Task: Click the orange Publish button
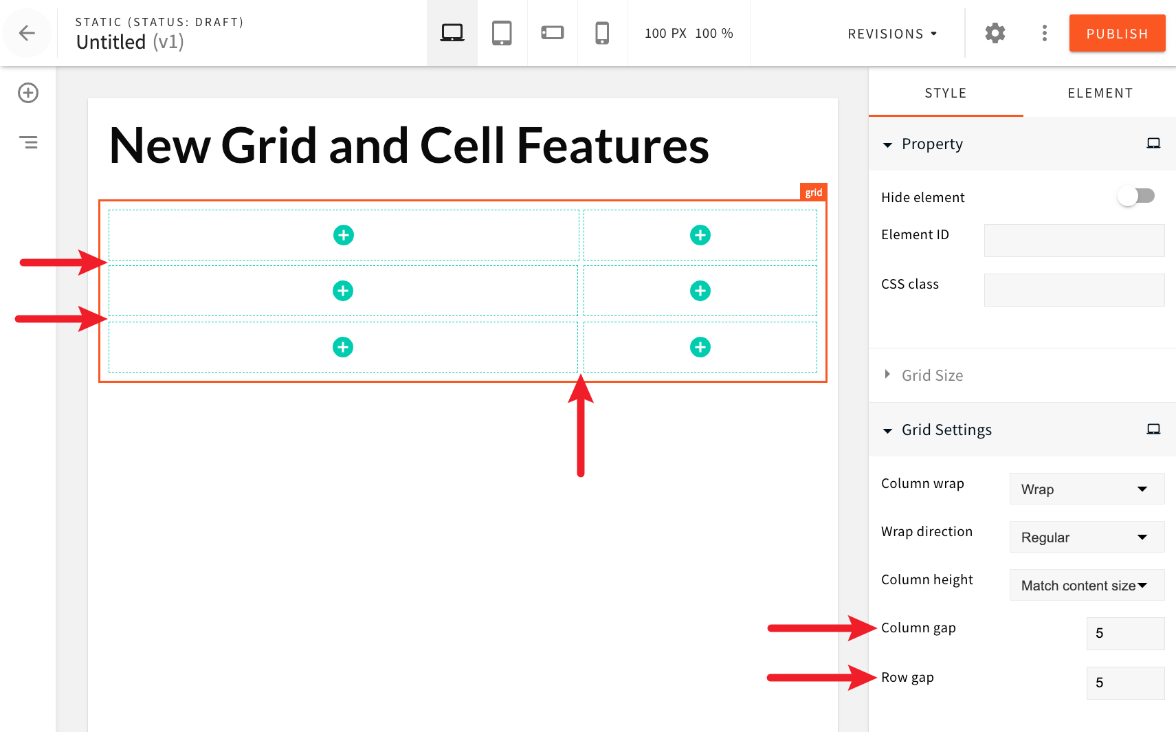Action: click(x=1117, y=33)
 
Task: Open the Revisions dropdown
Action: click(x=891, y=34)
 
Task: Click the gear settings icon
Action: click(x=995, y=33)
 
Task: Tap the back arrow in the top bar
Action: click(x=27, y=33)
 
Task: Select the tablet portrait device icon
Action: click(x=502, y=33)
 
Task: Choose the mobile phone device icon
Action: click(x=602, y=33)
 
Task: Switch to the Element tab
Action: click(x=1100, y=93)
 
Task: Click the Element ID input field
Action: click(x=1074, y=241)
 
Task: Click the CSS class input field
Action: click(x=1074, y=290)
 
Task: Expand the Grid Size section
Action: click(x=932, y=375)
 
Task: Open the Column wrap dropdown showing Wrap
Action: click(x=1086, y=489)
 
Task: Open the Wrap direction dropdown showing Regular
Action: click(x=1086, y=537)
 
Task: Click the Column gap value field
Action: click(x=1124, y=633)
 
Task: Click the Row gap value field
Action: click(x=1124, y=683)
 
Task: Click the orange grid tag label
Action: click(x=814, y=192)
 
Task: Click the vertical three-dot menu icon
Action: click(x=1044, y=33)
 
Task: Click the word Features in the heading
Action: click(x=612, y=146)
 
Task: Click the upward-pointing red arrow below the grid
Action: click(x=581, y=426)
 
